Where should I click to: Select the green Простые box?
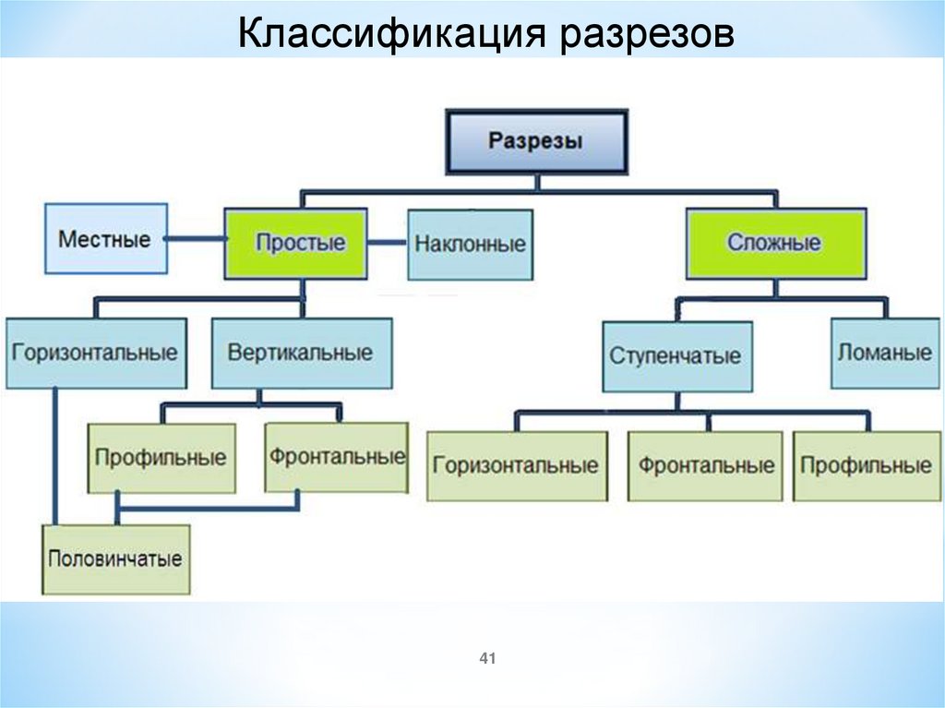pos(300,244)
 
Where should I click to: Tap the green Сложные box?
pos(774,244)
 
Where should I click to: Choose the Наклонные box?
pos(470,245)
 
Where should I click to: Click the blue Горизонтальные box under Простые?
pos(95,353)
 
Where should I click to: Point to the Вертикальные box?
pos(301,353)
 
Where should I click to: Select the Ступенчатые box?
pos(676,356)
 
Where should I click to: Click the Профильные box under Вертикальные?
pos(161,458)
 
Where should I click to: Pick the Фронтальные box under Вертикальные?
pos(337,456)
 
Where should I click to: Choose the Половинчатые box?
pos(115,558)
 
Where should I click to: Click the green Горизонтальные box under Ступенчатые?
pos(516,465)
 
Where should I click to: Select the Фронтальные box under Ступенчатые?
pos(706,465)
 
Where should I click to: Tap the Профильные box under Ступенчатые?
pos(866,465)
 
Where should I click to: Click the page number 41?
pos(488,658)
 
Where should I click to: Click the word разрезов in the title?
pos(645,36)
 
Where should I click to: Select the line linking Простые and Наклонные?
pos(388,244)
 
